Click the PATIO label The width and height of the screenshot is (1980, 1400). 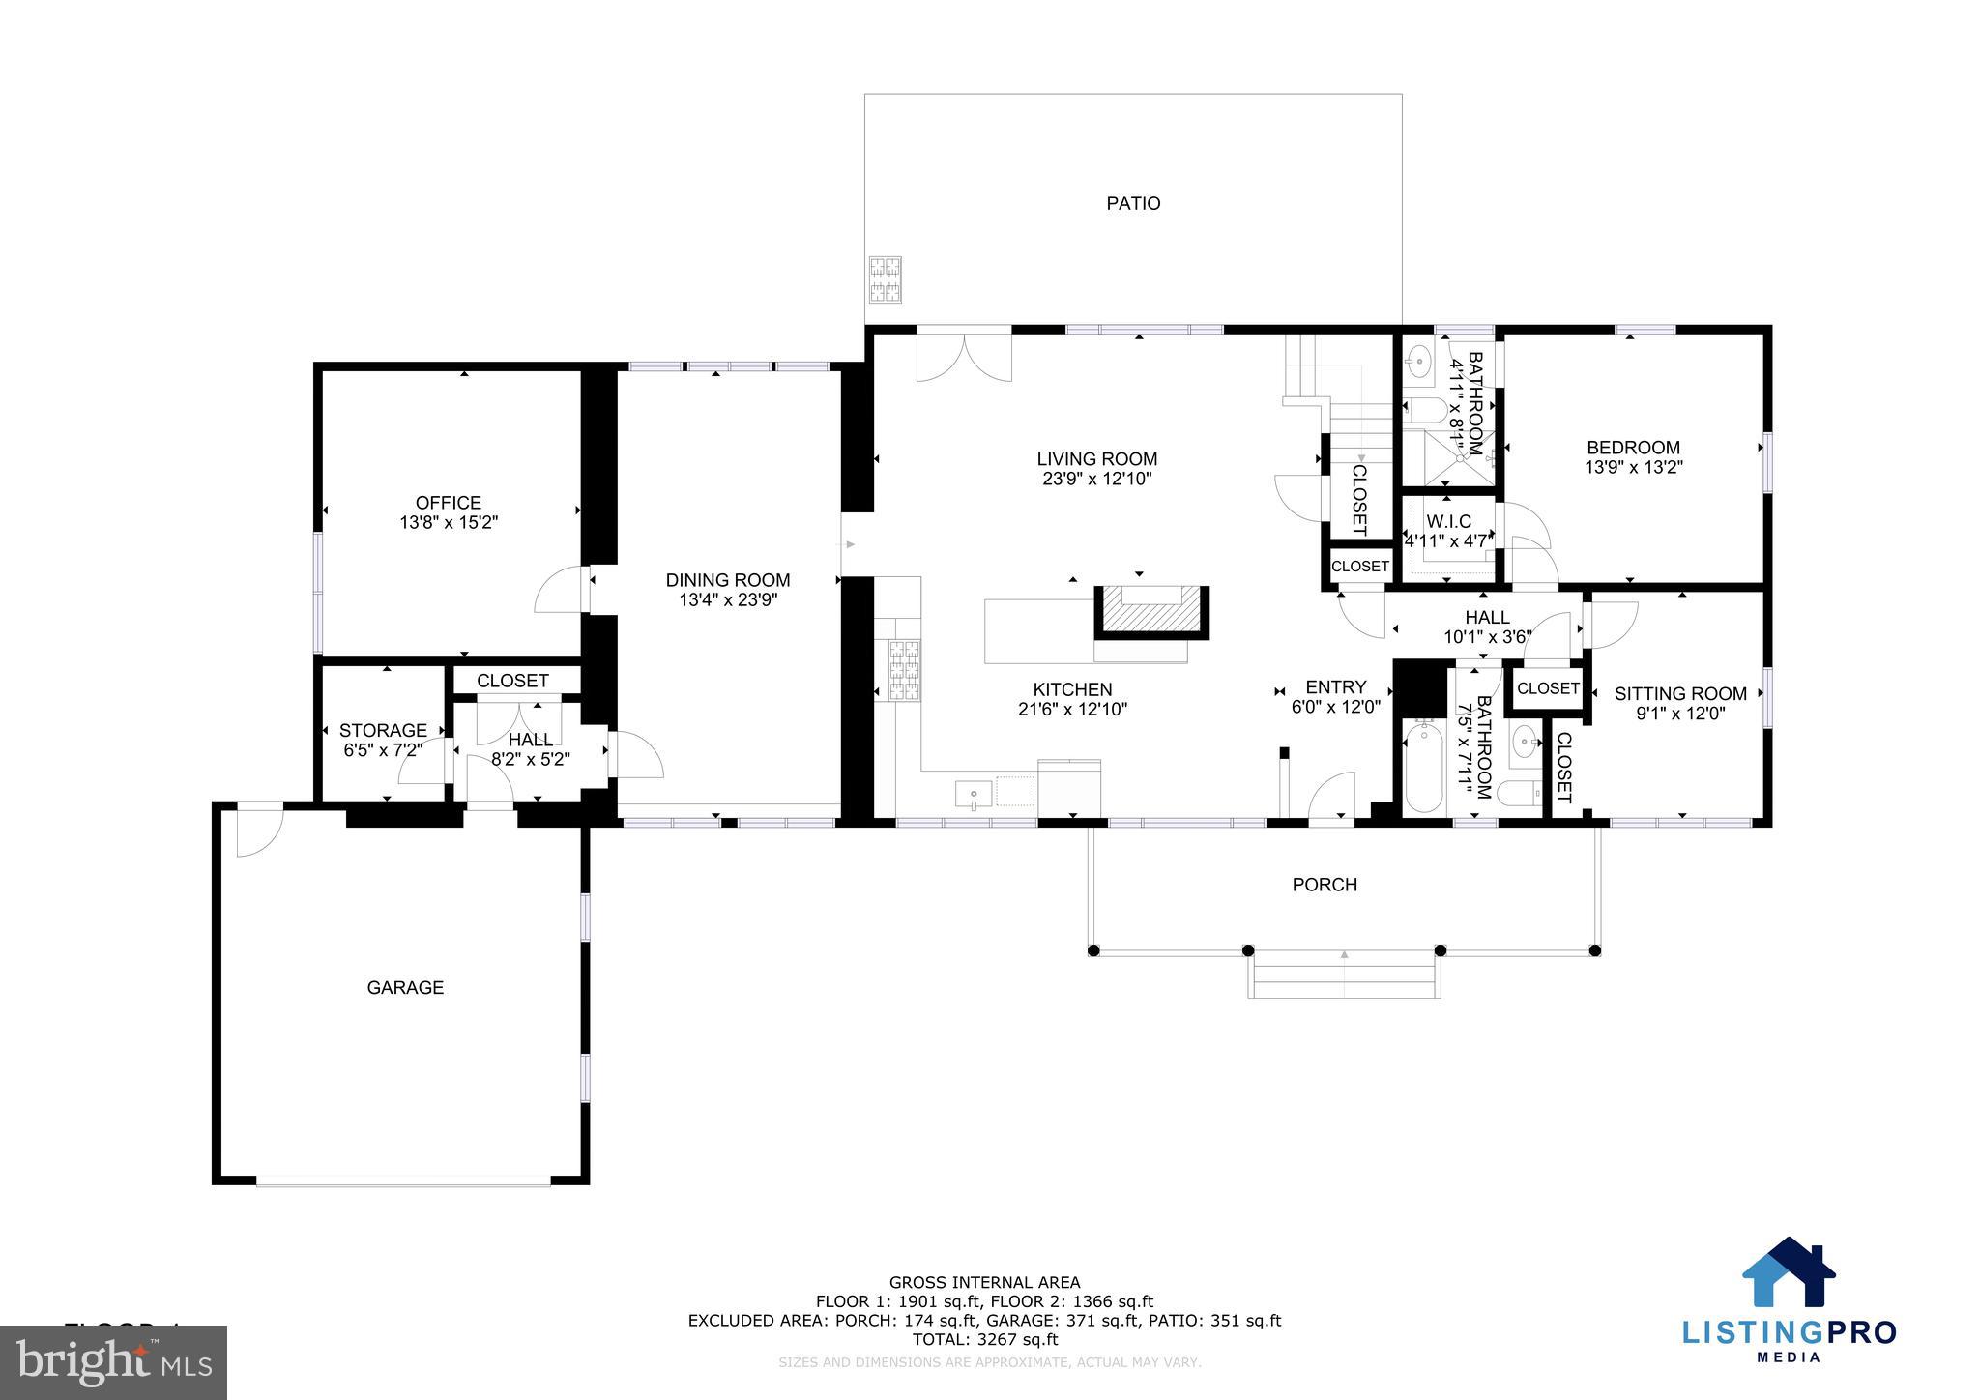click(1133, 203)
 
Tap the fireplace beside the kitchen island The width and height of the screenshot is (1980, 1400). click(1150, 612)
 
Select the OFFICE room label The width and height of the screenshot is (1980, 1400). click(448, 503)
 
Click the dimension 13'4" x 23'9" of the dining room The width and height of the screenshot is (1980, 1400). click(728, 599)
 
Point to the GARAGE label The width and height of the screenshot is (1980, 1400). click(405, 987)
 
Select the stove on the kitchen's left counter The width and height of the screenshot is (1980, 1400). click(905, 669)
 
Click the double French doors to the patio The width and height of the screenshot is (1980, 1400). click(964, 354)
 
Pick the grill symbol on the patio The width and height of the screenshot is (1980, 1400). click(885, 279)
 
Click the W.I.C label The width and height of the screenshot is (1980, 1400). click(1448, 522)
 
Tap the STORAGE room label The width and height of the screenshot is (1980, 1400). click(383, 730)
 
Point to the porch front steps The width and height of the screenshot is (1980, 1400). click(1343, 975)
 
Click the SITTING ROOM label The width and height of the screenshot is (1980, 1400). click(1680, 693)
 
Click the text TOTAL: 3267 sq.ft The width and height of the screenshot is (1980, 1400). click(984, 1339)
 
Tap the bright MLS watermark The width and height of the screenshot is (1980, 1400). click(113, 1362)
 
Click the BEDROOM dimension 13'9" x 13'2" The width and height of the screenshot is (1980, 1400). click(1633, 467)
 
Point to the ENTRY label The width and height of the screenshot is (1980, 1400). click(1335, 687)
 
